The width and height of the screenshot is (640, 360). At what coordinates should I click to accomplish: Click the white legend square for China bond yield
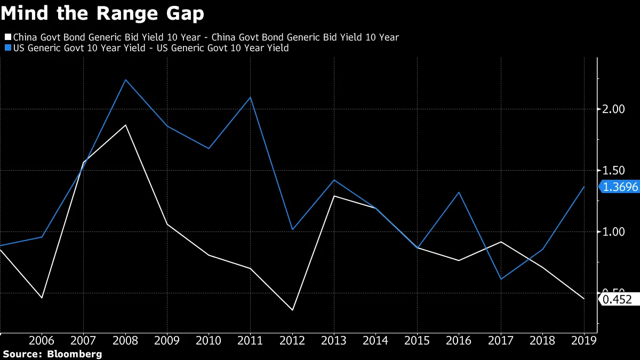7,37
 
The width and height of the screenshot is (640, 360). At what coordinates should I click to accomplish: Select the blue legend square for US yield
7,49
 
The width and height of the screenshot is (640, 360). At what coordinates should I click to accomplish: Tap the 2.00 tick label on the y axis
614,109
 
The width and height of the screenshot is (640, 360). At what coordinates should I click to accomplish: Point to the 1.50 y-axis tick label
614,171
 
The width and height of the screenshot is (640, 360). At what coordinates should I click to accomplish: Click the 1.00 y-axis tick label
614,232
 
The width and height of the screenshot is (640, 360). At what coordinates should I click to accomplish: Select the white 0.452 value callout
619,300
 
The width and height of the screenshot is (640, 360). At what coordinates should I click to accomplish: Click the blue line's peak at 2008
125,79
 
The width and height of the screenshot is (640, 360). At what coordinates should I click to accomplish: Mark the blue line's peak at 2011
251,97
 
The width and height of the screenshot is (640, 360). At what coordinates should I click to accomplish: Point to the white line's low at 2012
292,310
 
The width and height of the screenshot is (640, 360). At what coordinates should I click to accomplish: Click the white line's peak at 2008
125,125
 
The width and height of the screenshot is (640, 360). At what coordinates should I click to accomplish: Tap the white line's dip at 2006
42,298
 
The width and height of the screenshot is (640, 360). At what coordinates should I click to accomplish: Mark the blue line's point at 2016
459,192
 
